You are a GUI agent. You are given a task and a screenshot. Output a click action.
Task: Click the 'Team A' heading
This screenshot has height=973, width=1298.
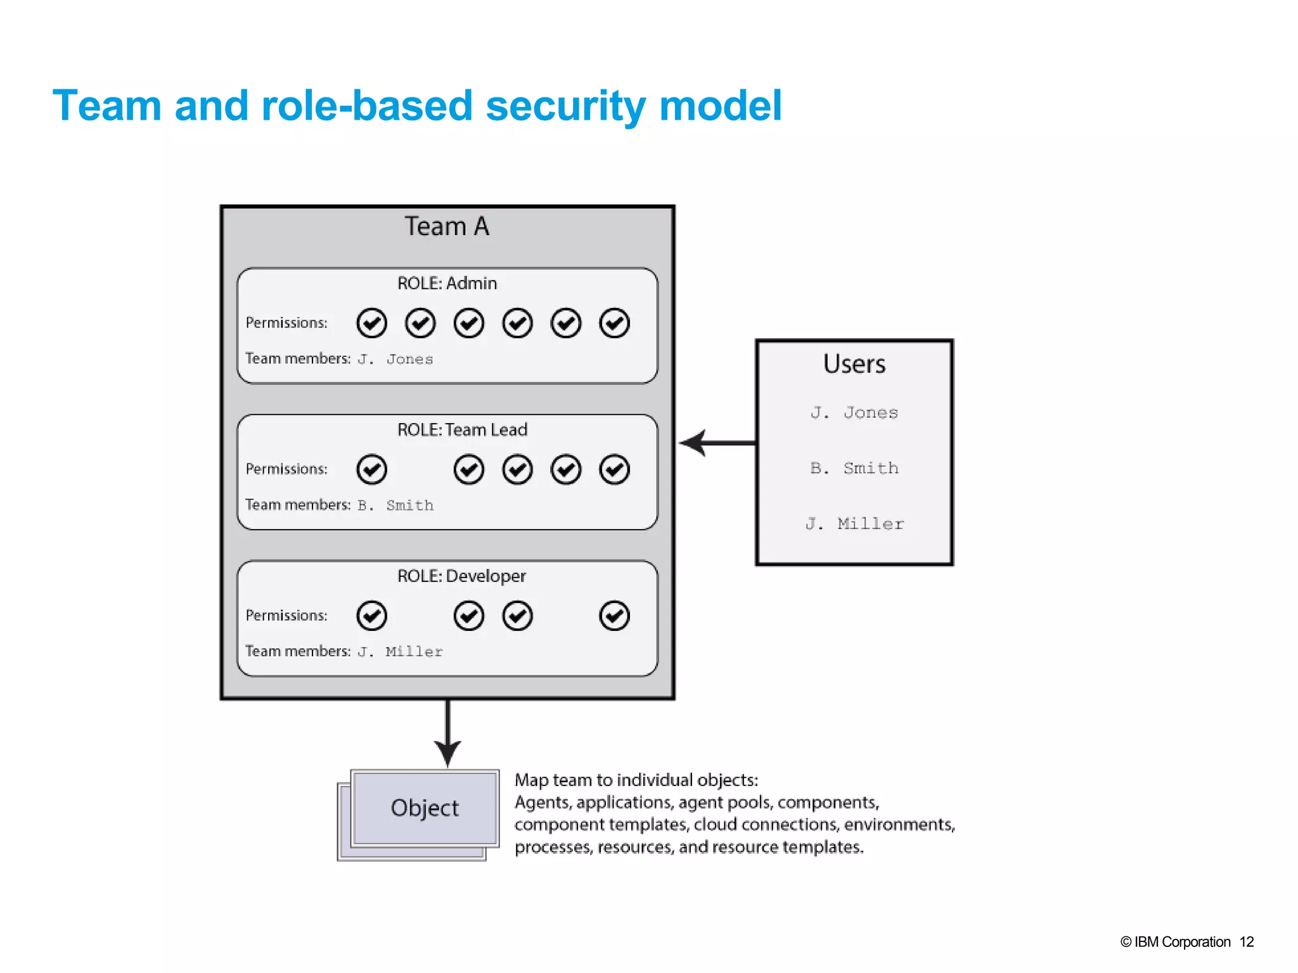[447, 227]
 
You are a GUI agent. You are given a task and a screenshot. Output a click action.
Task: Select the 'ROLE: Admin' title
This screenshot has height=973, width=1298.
[447, 283]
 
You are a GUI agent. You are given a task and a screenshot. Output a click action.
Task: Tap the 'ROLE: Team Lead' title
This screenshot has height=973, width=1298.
[462, 429]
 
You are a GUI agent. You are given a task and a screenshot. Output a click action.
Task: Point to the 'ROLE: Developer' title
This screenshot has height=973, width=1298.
[461, 576]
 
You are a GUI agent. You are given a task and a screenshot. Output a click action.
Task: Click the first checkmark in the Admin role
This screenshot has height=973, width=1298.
[371, 323]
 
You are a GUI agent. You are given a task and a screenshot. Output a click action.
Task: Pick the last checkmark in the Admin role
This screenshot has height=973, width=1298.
[614, 323]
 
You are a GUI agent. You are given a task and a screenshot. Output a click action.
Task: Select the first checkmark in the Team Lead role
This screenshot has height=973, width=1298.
[371, 469]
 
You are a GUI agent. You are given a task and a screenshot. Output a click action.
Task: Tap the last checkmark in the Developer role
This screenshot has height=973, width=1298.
[614, 616]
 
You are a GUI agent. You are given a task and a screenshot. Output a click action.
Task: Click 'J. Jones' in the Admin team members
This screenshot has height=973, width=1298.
[395, 359]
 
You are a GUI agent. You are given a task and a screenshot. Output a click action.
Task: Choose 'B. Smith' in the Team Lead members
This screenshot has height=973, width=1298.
[395, 506]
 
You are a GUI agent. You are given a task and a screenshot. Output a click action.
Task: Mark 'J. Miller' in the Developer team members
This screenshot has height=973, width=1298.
[400, 652]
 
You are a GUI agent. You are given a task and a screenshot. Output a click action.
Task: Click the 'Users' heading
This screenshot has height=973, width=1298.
[854, 364]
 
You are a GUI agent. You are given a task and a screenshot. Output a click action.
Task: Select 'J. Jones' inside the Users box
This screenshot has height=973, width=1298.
[854, 413]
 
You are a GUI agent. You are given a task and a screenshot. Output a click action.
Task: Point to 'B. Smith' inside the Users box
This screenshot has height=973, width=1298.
[854, 468]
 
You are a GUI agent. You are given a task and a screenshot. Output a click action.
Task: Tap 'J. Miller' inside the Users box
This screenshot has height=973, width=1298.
[854, 524]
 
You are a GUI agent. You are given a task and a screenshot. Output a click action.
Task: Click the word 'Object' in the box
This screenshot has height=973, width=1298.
[424, 808]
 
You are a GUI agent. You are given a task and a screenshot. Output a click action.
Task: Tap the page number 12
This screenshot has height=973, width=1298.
[1246, 942]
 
